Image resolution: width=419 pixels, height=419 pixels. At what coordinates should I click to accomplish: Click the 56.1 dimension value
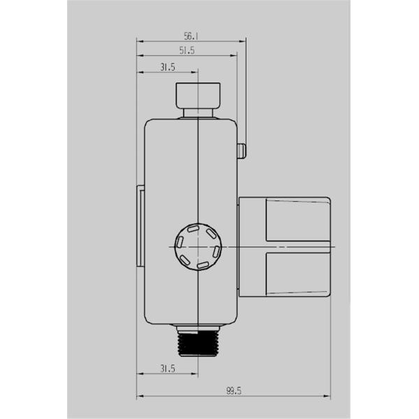point(191,36)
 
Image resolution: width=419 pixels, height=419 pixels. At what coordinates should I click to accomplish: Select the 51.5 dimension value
point(186,50)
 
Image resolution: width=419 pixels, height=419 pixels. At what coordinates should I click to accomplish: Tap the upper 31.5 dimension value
point(168,67)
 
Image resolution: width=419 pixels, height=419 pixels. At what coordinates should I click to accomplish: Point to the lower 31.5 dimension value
point(168,369)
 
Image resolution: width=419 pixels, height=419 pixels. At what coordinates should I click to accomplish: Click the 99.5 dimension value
point(234,391)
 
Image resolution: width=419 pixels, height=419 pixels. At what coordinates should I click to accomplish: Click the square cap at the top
point(198,96)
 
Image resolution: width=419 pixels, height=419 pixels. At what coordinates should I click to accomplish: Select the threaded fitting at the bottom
point(198,344)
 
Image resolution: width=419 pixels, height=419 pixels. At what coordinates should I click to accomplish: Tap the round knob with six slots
point(198,247)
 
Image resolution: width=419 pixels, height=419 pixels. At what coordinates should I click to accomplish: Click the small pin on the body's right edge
point(242,152)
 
